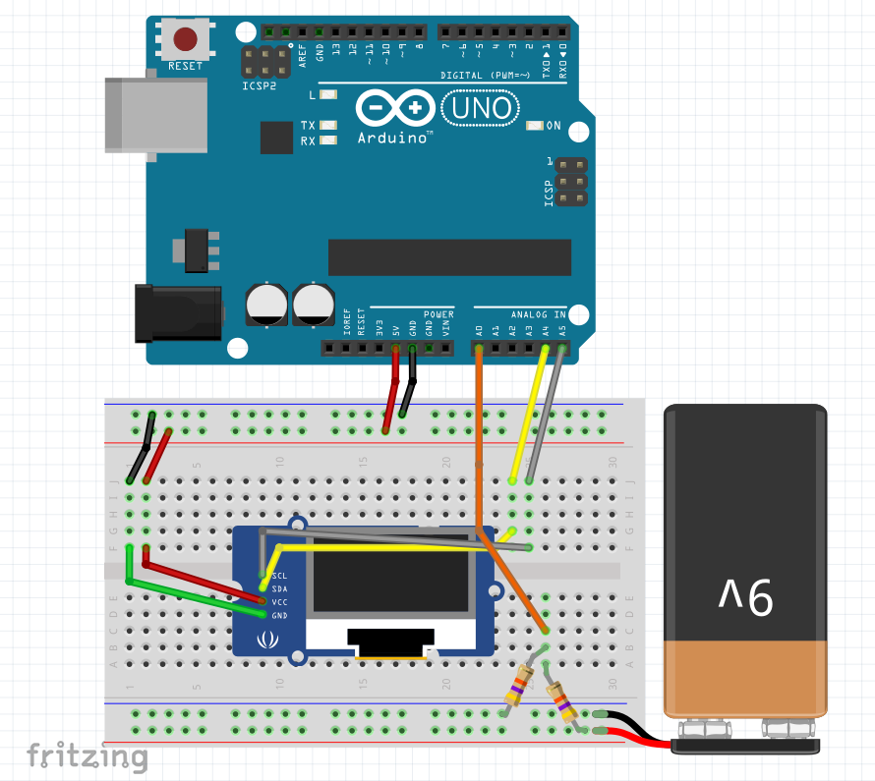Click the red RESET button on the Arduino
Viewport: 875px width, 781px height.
[185, 39]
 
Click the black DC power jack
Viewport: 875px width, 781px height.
[178, 311]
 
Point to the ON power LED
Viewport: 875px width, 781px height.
[536, 126]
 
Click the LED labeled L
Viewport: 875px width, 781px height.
[328, 95]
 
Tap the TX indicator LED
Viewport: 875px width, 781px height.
[328, 126]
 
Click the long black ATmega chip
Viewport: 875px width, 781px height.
[449, 256]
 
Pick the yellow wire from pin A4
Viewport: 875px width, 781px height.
[528, 418]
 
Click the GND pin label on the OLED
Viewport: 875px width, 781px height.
[279, 615]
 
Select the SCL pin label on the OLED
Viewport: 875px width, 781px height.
[279, 575]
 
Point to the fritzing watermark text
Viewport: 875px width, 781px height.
[87, 756]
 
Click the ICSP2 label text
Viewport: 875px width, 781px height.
[260, 86]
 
